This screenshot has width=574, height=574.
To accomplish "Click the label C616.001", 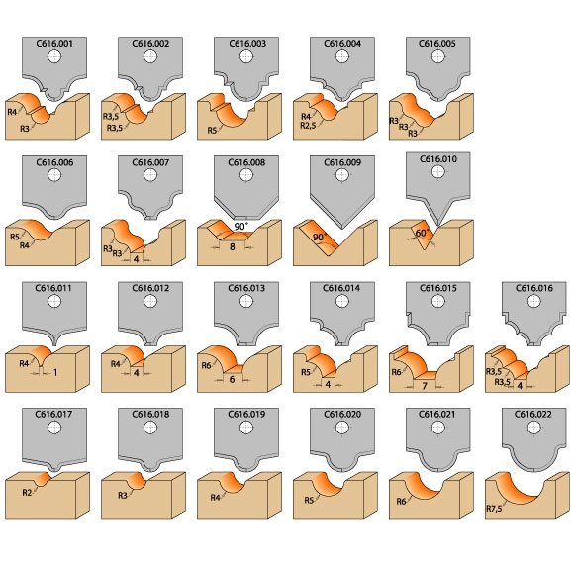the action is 54,44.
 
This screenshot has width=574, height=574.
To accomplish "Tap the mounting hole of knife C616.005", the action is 438,56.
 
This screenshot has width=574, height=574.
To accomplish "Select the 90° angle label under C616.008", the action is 240,227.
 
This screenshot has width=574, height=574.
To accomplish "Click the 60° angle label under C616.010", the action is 423,233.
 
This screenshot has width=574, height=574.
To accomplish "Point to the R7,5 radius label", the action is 494,509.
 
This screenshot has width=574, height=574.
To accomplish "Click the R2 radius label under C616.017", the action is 27,493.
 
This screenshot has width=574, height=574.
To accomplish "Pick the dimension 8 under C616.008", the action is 233,247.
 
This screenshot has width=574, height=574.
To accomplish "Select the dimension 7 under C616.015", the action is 425,386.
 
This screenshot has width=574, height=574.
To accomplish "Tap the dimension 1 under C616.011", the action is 55,373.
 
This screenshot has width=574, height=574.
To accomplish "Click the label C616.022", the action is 533,414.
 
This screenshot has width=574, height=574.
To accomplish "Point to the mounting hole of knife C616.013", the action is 246,301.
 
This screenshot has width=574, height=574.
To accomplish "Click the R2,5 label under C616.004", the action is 308,126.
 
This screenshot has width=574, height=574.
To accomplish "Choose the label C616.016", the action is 534,288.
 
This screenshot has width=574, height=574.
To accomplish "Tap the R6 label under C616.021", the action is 401,501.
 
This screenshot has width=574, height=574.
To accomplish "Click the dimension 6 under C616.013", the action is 232,379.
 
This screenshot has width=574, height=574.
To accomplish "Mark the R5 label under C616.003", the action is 213,130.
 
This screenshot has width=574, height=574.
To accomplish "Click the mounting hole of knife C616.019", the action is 246,428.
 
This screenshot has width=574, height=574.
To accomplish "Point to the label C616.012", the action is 150,288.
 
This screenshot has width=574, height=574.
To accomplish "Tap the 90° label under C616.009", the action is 320,238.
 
